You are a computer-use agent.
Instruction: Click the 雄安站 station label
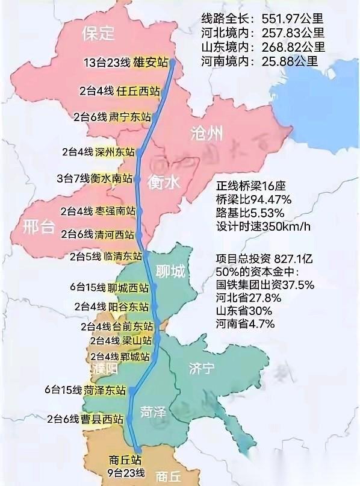point(154,61)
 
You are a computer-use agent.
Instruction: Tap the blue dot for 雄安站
point(173,61)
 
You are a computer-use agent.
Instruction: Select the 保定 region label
point(98,33)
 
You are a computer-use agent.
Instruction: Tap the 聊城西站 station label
point(128,288)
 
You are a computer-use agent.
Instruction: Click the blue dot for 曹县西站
point(130,418)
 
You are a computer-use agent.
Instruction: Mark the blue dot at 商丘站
point(138,449)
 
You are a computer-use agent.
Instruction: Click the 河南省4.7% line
point(245,323)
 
